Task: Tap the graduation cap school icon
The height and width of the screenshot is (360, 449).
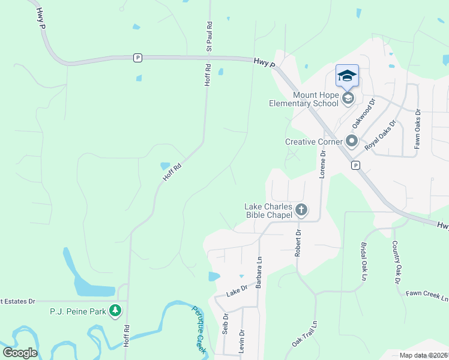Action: pyautogui.click(x=347, y=76)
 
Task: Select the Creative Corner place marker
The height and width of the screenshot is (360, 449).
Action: pyautogui.click(x=352, y=142)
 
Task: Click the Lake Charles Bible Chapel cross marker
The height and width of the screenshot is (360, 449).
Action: pyautogui.click(x=301, y=209)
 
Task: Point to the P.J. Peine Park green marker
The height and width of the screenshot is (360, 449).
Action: pyautogui.click(x=115, y=311)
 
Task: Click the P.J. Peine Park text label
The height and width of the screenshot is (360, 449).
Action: pyautogui.click(x=77, y=311)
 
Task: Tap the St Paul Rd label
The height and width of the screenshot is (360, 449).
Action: pyautogui.click(x=210, y=35)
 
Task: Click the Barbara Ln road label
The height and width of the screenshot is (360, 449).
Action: pyautogui.click(x=259, y=274)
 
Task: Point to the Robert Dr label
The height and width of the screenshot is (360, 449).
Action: pyautogui.click(x=298, y=242)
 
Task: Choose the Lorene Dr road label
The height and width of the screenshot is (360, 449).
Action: pyautogui.click(x=323, y=163)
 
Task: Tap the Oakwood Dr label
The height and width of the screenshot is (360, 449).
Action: pyautogui.click(x=363, y=113)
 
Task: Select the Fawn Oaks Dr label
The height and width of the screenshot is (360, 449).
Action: pyautogui.click(x=418, y=128)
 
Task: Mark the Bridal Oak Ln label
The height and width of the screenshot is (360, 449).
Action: pyautogui.click(x=363, y=262)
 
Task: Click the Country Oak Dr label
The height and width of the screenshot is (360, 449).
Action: pyautogui.click(x=396, y=262)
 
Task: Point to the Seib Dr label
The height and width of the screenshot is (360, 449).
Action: pyautogui.click(x=225, y=323)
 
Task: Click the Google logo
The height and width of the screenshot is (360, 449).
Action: pyautogui.click(x=20, y=352)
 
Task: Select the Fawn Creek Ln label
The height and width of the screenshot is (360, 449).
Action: pyautogui.click(x=427, y=295)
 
